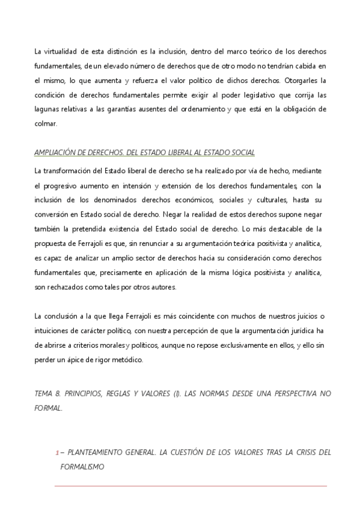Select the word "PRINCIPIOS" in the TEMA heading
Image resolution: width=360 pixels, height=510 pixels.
coord(85,392)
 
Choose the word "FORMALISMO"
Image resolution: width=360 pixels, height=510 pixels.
coord(83,466)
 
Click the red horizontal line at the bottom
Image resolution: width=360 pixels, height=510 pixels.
coord(191,486)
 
